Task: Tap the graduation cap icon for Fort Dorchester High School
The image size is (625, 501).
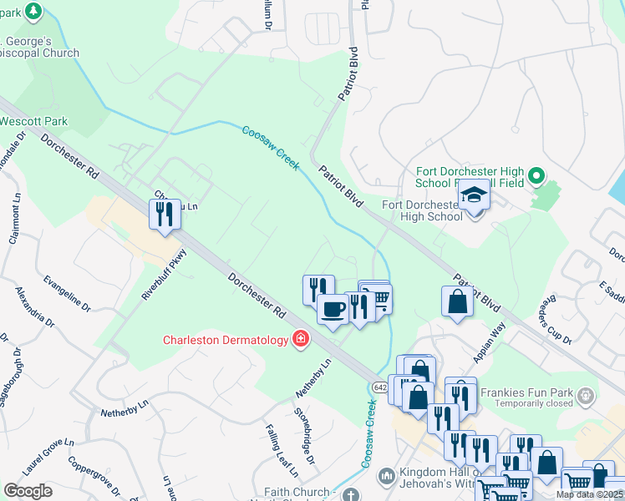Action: (x=474, y=195)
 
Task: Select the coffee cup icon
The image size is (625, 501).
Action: (x=333, y=310)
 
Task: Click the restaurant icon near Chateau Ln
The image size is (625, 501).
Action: (x=164, y=214)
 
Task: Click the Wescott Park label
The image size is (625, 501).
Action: (x=33, y=121)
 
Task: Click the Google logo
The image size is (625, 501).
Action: (x=28, y=491)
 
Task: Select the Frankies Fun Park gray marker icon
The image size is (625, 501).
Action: (x=584, y=393)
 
